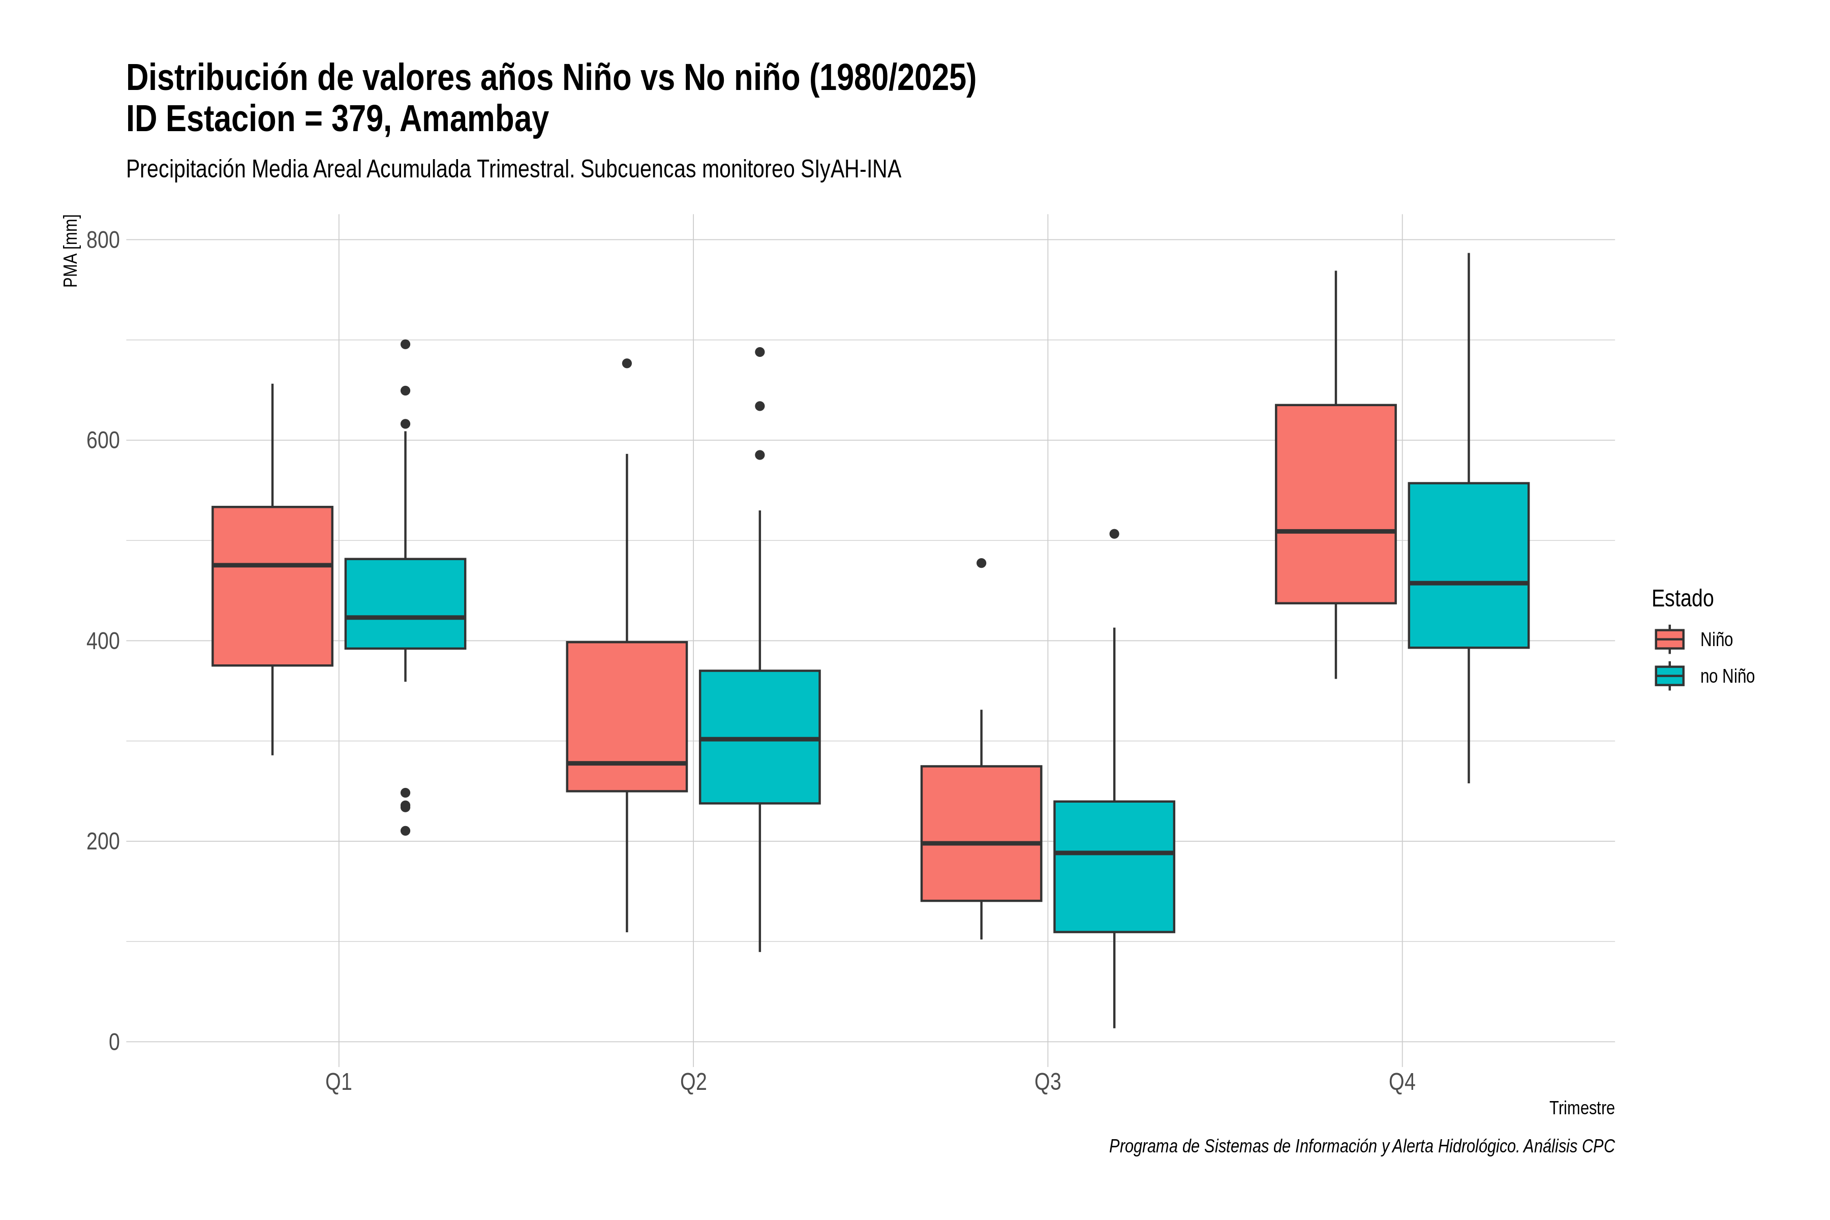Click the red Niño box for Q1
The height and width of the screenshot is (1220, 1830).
click(272, 586)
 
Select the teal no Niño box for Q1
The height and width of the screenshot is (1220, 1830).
click(405, 603)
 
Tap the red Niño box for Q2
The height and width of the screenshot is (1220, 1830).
click(627, 717)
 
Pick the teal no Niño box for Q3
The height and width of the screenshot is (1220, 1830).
click(1114, 866)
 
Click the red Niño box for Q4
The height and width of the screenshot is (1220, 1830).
click(1336, 504)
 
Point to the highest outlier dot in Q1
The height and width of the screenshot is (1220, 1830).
click(405, 344)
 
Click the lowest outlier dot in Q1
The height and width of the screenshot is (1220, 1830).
click(405, 831)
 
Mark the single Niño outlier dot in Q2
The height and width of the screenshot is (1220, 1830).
click(627, 363)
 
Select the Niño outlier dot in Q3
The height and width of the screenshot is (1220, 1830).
click(981, 563)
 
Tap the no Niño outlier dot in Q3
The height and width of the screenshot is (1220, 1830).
click(1114, 534)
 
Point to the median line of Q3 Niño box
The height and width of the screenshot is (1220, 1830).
click(981, 843)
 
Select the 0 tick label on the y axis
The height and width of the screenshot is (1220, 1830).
click(114, 1042)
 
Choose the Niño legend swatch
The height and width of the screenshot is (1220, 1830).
click(1670, 639)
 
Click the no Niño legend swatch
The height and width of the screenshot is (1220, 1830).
click(1670, 676)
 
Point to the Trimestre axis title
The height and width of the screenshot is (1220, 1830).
click(1582, 1108)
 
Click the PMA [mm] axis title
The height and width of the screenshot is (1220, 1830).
click(71, 251)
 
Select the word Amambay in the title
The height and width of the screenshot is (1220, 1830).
click(475, 119)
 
